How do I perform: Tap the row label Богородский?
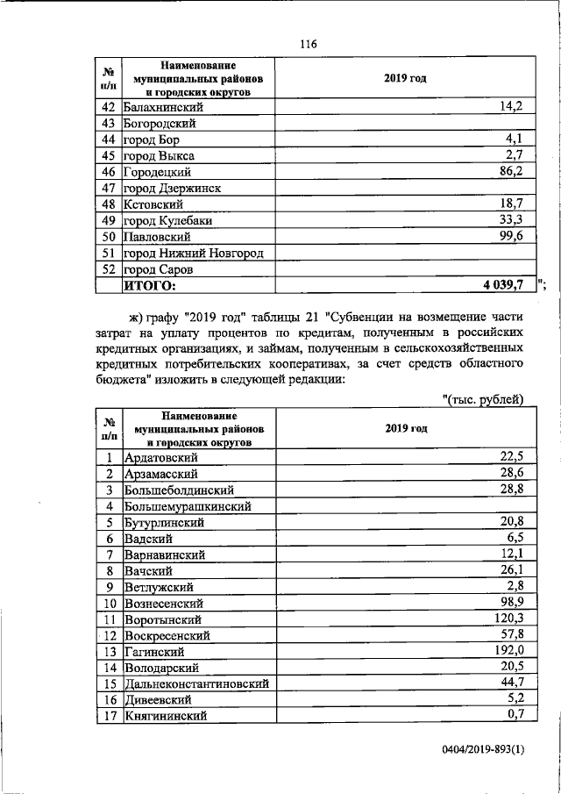click(160, 123)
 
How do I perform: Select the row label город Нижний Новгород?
click(194, 253)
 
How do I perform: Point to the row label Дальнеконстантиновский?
click(196, 683)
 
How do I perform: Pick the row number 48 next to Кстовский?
click(110, 204)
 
